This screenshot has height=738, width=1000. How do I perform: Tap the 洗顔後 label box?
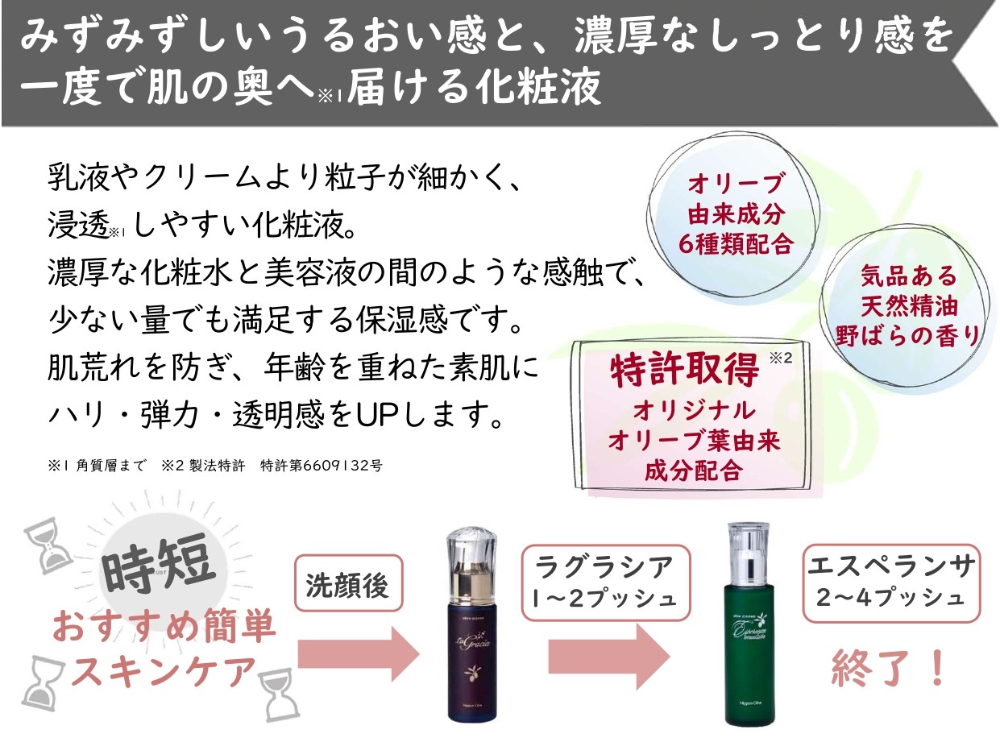(x=347, y=585)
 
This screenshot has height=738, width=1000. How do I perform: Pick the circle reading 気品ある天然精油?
(x=907, y=306)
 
